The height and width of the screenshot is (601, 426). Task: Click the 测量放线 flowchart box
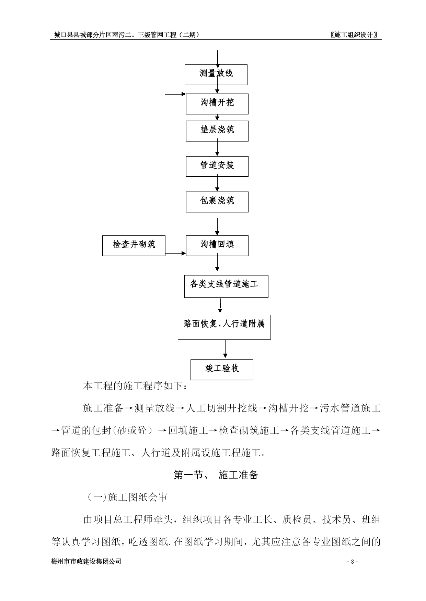point(216,75)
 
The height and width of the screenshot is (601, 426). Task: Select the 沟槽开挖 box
point(217,104)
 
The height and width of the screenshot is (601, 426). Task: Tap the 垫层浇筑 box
point(217,131)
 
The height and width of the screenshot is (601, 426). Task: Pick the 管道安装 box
point(217,167)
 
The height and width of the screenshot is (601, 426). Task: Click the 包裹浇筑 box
point(217,202)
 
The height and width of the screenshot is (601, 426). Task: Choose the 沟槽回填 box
point(217,246)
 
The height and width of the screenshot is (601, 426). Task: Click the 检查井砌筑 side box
point(134,246)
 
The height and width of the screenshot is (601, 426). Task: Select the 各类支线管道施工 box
point(226,286)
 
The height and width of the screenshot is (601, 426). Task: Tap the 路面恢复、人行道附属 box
point(224,327)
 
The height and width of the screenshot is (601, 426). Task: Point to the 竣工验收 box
point(222,370)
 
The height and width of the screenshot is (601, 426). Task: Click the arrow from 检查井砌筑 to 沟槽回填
point(175,254)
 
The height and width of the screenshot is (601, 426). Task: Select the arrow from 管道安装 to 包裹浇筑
point(217,184)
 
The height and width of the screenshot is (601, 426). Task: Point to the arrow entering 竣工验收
point(225,349)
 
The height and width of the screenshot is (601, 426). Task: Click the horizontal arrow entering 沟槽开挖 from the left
point(175,94)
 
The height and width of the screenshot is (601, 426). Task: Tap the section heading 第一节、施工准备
point(216,475)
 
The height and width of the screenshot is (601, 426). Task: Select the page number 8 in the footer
point(352,562)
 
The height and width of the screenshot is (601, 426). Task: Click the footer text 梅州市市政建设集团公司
point(86,562)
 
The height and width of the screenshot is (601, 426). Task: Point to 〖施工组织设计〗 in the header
point(354,35)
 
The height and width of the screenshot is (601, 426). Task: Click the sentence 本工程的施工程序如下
point(135,386)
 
